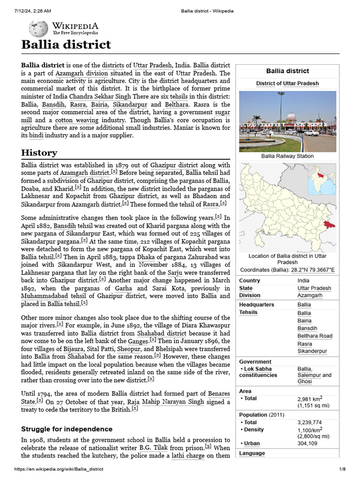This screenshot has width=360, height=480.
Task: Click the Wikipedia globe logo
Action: coord(38,29)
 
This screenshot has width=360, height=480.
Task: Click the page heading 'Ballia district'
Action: coord(66,45)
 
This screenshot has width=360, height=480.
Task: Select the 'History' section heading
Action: coord(39,153)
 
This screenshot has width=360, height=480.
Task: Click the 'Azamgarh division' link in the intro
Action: coord(81,74)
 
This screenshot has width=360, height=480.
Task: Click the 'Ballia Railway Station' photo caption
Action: coord(287,156)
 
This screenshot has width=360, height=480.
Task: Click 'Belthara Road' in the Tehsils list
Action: coord(315,336)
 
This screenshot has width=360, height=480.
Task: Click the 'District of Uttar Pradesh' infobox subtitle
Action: coord(287,83)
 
